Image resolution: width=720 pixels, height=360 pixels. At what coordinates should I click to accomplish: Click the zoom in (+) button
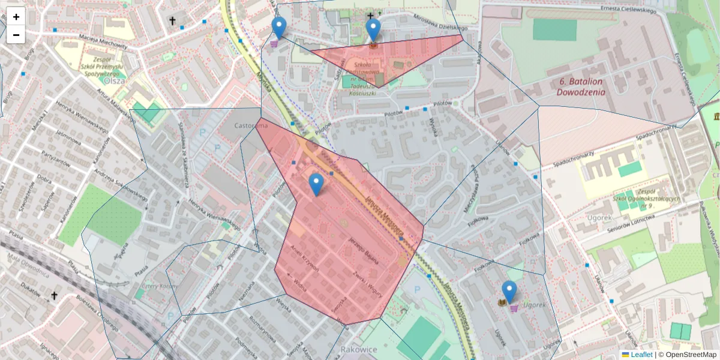click(x=16, y=17)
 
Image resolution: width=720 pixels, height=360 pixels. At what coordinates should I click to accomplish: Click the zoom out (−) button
click(x=16, y=35)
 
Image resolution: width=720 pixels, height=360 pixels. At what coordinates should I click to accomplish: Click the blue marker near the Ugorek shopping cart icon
click(x=509, y=292)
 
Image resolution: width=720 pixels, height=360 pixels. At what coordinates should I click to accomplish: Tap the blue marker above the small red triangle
click(x=373, y=29)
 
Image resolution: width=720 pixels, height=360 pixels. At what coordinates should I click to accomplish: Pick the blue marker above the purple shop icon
click(x=279, y=28)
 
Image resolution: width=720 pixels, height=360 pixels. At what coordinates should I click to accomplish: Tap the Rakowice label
click(x=358, y=349)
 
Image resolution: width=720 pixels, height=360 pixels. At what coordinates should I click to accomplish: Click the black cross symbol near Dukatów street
click(x=54, y=295)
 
